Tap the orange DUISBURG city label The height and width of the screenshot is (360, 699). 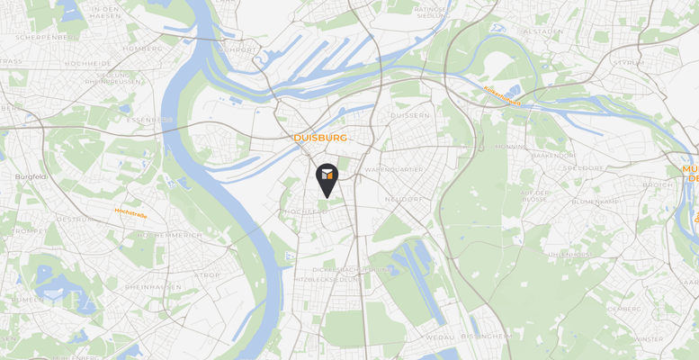[320, 139]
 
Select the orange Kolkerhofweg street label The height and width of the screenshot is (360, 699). [502, 95]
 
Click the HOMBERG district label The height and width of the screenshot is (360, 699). [146, 49]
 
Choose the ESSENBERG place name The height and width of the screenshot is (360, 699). [150, 120]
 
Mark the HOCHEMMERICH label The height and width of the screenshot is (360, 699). [145, 235]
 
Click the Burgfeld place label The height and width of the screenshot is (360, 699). [31, 177]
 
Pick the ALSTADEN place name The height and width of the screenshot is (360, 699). [542, 31]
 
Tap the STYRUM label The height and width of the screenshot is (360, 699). [627, 63]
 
